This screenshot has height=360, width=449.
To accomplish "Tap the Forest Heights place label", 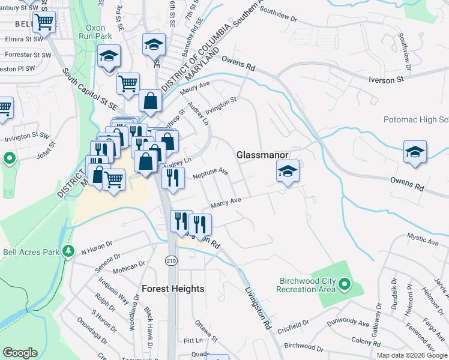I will point(173,289).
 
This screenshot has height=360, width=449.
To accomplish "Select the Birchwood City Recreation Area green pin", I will point(344,283).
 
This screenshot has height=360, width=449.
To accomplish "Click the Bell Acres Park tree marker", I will point(69,251).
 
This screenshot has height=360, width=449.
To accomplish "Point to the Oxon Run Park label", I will point(91,32).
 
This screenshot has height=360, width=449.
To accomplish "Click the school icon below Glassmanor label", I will point(288,172).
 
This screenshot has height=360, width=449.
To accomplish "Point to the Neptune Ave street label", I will point(211,174).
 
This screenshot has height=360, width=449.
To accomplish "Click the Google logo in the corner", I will point(20,353).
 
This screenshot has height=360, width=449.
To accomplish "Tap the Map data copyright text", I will point(412,355).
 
